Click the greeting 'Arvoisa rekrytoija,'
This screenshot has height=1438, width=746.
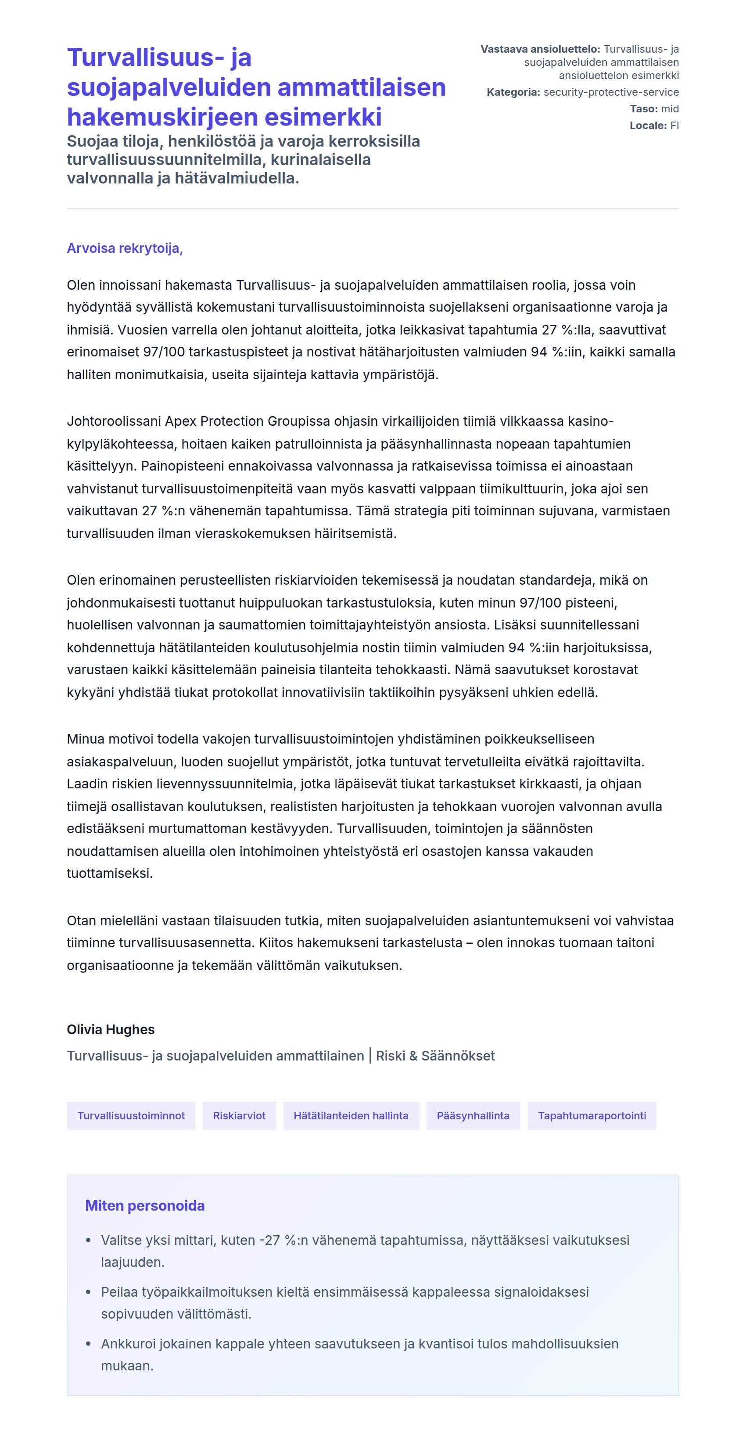pyautogui.click(x=125, y=248)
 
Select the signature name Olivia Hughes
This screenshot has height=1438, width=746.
pyautogui.click(x=111, y=1029)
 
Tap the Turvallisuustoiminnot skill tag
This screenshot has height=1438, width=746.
pyautogui.click(x=131, y=1115)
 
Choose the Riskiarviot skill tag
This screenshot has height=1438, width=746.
pyautogui.click(x=239, y=1115)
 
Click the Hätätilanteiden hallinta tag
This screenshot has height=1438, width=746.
pyautogui.click(x=351, y=1115)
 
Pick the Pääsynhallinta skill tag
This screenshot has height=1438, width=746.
pyautogui.click(x=473, y=1115)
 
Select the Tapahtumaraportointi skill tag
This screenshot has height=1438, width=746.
pyautogui.click(x=592, y=1115)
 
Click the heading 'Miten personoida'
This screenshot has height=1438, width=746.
pyautogui.click(x=144, y=1205)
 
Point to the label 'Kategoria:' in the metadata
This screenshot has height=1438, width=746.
pyautogui.click(x=513, y=92)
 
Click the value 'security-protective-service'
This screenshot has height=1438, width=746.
pyautogui.click(x=611, y=92)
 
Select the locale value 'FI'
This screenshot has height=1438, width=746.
pyautogui.click(x=674, y=126)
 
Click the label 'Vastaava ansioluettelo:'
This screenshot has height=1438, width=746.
pyautogui.click(x=540, y=49)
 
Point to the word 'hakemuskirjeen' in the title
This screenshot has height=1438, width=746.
pyautogui.click(x=162, y=117)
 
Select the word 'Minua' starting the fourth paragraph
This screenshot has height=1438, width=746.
pyautogui.click(x=86, y=739)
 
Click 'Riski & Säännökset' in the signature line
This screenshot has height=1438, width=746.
pyautogui.click(x=435, y=1056)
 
